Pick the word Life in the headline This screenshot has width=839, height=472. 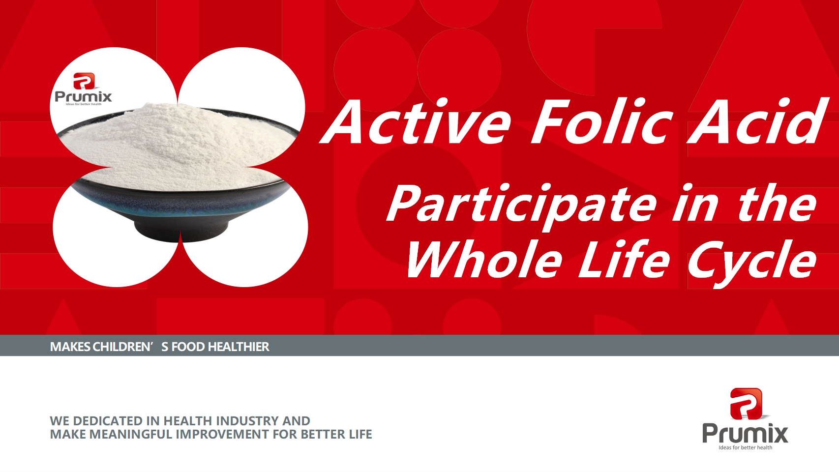(624, 259)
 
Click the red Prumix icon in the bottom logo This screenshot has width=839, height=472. (746, 404)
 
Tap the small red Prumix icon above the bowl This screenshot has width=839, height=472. (84, 81)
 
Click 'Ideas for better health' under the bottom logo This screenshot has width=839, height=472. (746, 447)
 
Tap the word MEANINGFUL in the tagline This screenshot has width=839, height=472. (131, 434)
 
